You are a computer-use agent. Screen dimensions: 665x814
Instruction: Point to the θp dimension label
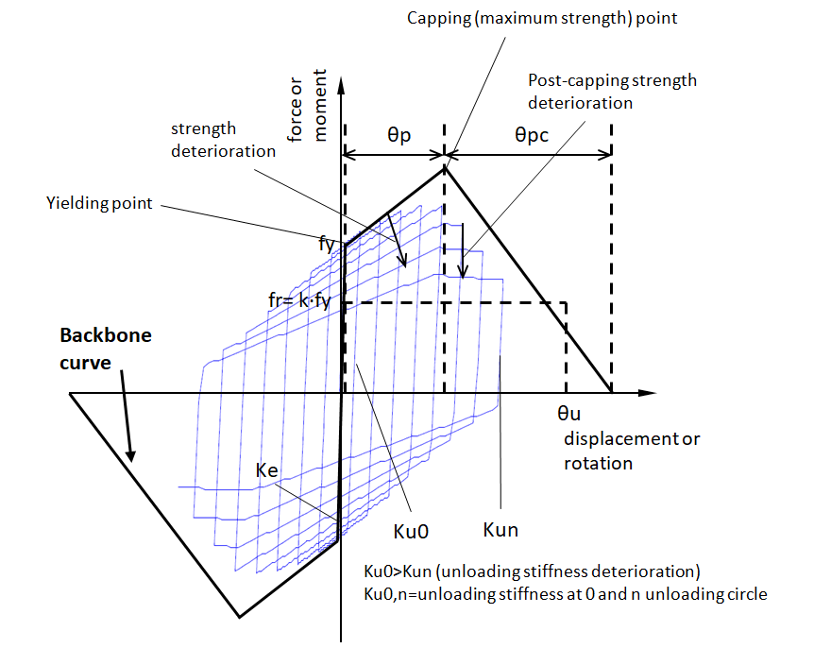coord(399,135)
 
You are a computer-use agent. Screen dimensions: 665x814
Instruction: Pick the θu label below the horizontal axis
coord(569,413)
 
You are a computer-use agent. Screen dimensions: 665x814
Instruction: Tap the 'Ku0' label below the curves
coord(411,531)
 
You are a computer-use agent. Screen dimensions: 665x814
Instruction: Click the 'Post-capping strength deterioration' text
coord(613,91)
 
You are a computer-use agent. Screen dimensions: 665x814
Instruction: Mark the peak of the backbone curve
coord(446,167)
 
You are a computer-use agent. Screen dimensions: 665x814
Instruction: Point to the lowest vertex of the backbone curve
coord(239,617)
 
